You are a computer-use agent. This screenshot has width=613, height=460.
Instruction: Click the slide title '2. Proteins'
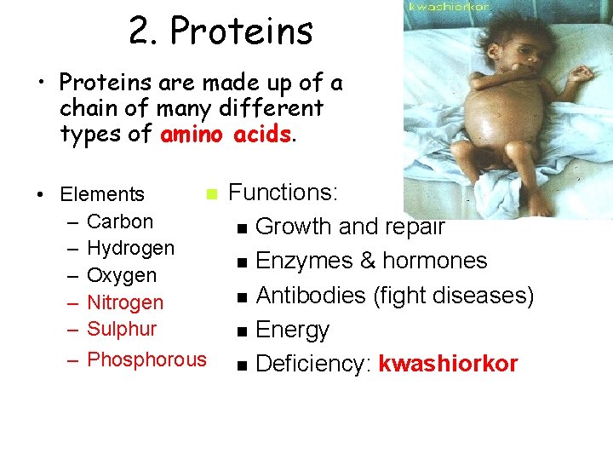click(x=221, y=32)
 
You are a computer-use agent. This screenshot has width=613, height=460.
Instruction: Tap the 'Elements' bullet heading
click(x=102, y=194)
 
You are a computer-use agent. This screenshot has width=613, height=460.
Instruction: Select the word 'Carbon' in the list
click(x=120, y=221)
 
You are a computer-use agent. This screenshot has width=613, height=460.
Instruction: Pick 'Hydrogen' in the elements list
click(x=130, y=248)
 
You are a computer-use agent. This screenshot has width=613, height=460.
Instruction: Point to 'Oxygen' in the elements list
click(x=122, y=275)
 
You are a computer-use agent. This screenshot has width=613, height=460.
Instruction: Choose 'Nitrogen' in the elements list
click(x=125, y=302)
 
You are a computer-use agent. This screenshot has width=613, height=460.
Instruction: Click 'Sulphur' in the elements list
click(x=122, y=329)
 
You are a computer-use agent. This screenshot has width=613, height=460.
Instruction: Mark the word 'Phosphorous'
click(x=146, y=359)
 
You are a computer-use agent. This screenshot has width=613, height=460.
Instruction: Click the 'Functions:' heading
click(x=284, y=193)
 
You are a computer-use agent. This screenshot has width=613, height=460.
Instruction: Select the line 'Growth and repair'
click(x=350, y=227)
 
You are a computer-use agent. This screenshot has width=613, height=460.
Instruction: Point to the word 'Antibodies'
click(x=311, y=296)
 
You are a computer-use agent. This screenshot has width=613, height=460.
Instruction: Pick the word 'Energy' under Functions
click(x=292, y=330)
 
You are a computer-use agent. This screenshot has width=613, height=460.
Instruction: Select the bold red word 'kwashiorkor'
click(x=448, y=364)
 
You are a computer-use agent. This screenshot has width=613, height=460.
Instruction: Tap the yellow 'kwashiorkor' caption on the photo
click(x=450, y=7)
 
